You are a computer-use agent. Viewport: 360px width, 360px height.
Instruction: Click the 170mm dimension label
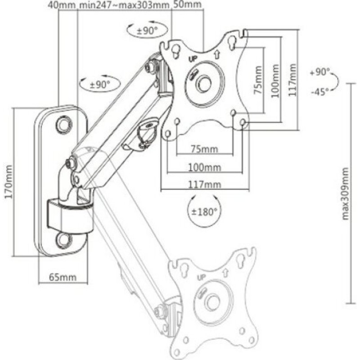pos(9,182)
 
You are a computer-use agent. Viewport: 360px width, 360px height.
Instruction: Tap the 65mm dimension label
pos(63,277)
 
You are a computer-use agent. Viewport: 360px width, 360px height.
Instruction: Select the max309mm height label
pos(345,193)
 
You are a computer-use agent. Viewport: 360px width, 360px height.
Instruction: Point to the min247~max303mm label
pos(124,4)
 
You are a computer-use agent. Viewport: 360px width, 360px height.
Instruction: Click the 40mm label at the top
pos(62,4)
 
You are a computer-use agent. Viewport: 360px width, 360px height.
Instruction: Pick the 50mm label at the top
pos(187,4)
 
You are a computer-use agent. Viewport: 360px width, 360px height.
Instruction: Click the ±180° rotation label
pos(204,211)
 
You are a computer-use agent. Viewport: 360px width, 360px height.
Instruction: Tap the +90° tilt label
pos(319,72)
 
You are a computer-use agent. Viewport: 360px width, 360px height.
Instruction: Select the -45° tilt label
pos(320,92)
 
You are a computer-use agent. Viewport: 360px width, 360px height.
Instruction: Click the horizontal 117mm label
pos(205,184)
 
